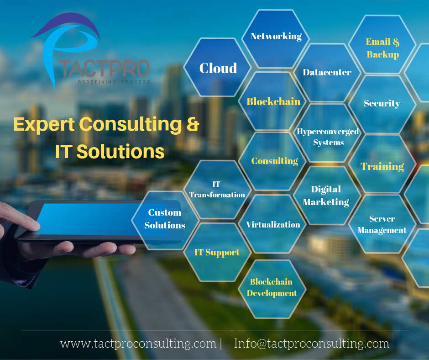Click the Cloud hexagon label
[218, 68]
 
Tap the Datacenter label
[327, 72]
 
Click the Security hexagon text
[382, 103]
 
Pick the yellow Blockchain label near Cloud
[273, 101]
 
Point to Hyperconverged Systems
[328, 137]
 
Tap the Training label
[382, 166]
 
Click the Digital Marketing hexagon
[326, 196]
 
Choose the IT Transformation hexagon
[217, 189]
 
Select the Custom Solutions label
[165, 219]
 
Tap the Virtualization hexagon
[273, 225]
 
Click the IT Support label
[217, 252]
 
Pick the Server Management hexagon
[382, 224]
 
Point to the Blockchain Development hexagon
[272, 287]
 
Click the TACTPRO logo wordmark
[104, 69]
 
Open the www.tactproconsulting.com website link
[138, 344]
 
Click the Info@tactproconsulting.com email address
[312, 344]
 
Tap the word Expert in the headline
[44, 125]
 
